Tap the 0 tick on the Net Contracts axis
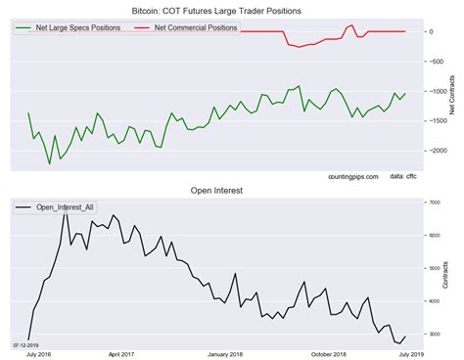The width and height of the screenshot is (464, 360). click(430, 32)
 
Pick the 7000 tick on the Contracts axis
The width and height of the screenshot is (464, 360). click(430, 202)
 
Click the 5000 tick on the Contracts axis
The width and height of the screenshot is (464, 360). click(430, 268)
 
